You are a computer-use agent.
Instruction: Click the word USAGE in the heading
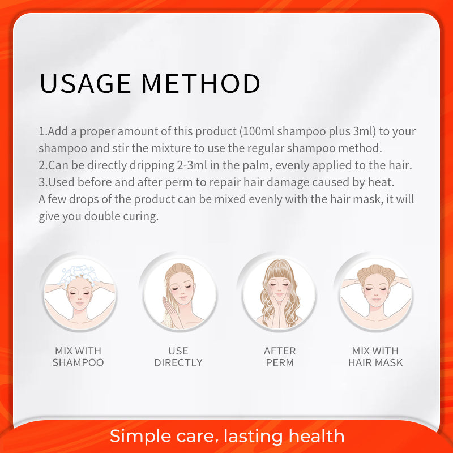pyautogui.click(x=86, y=83)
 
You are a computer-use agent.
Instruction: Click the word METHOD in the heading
pyautogui.click(x=201, y=83)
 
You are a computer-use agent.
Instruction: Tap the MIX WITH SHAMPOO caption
pyautogui.click(x=78, y=357)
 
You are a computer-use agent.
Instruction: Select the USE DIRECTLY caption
pyautogui.click(x=178, y=357)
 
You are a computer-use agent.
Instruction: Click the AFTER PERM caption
pyautogui.click(x=280, y=357)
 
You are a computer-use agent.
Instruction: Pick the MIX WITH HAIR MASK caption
pyautogui.click(x=375, y=357)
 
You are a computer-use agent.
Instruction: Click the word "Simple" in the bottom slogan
pyautogui.click(x=139, y=437)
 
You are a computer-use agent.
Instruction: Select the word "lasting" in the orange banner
pyautogui.click(x=253, y=437)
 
